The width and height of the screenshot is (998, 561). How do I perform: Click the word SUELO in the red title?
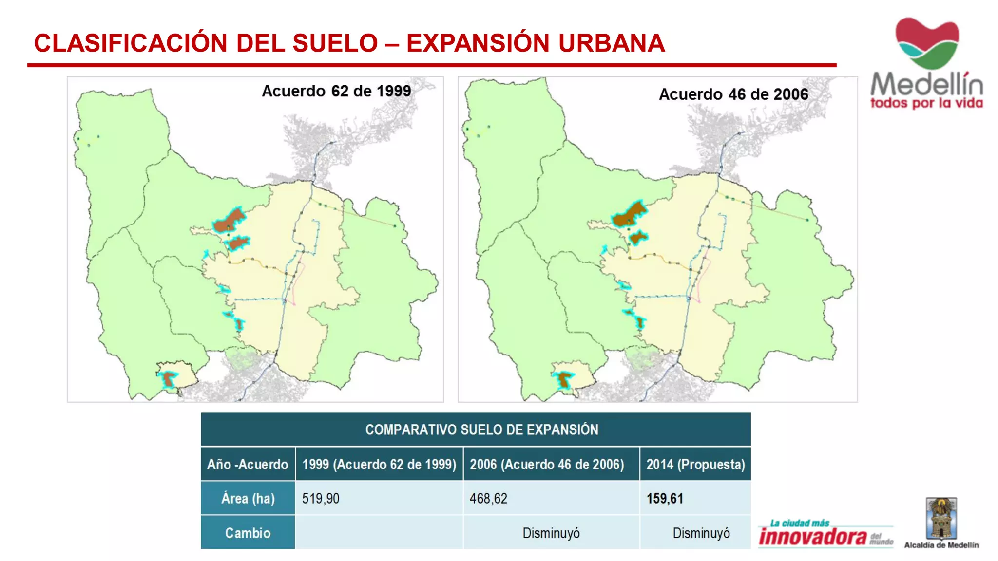[x=335, y=43]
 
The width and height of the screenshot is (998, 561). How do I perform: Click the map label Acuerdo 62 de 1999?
[x=336, y=91]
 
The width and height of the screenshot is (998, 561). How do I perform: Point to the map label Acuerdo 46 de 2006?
[x=733, y=94]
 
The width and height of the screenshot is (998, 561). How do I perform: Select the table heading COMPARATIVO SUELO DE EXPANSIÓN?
[x=481, y=430]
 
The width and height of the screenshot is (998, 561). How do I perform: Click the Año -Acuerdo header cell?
[x=248, y=464]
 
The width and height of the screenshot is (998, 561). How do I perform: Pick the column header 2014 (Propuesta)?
[x=695, y=464]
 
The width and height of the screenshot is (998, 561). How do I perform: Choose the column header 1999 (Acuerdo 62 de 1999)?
[x=379, y=464]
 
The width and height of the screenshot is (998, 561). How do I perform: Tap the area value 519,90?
[x=321, y=499]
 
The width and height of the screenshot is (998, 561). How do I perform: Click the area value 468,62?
[x=488, y=499]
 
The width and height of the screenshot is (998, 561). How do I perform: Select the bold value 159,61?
[x=665, y=499]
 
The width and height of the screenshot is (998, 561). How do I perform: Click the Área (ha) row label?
[x=248, y=499]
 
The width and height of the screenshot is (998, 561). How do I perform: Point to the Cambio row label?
[x=248, y=533]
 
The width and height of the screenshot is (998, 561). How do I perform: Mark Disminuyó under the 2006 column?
[x=551, y=533]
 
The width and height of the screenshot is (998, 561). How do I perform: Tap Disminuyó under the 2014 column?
[x=701, y=533]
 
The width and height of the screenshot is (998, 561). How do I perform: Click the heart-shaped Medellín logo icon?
[x=927, y=43]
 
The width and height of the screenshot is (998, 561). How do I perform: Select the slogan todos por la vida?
[x=926, y=103]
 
